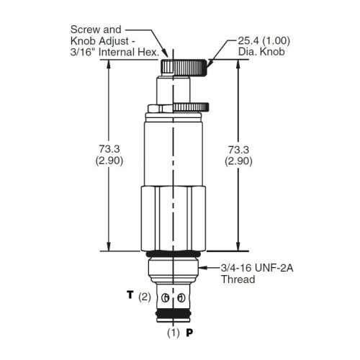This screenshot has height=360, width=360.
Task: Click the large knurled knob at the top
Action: point(183,68)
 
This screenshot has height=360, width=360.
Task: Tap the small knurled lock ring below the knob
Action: point(191,107)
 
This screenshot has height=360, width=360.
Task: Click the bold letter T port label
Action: point(130,294)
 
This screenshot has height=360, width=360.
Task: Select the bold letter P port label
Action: point(189,333)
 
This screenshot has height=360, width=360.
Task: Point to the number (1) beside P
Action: point(174,333)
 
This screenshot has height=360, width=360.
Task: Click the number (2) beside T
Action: point(145,297)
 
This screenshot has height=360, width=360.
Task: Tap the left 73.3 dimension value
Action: point(109,149)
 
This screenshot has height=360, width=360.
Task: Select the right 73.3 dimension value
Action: point(238,150)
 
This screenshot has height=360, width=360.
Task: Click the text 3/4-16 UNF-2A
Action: point(257,268)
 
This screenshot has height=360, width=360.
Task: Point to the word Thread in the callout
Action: point(238,279)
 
